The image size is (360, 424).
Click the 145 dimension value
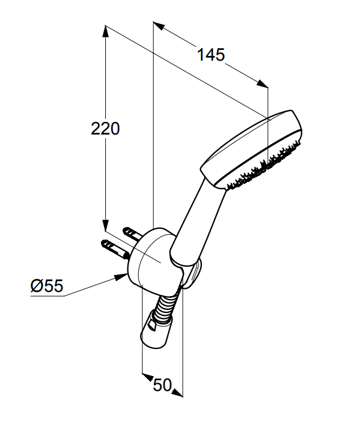[211, 55]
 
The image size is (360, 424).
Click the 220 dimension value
[105, 129]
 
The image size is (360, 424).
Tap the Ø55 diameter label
[47, 285]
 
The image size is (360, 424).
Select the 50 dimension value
[162, 385]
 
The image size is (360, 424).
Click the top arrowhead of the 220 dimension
[105, 31]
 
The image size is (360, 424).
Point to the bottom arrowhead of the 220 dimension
[105, 225]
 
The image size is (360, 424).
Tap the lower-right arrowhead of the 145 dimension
[262, 83]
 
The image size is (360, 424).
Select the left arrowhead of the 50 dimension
[147, 377]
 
